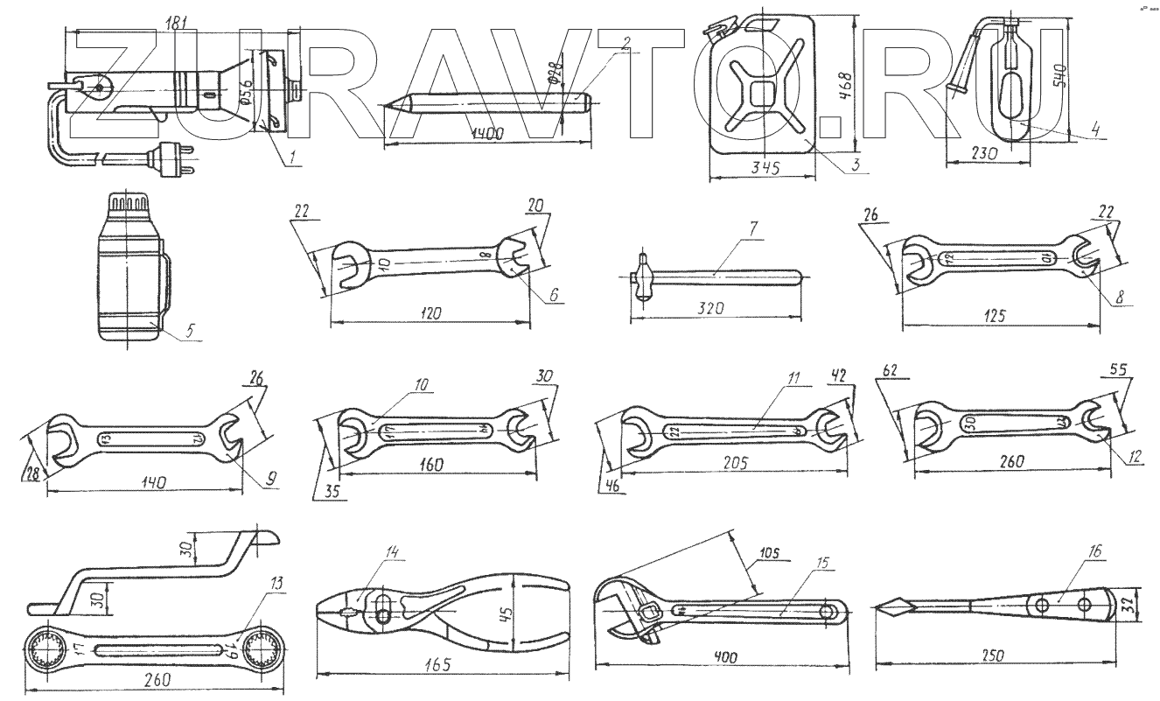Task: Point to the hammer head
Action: point(645,278)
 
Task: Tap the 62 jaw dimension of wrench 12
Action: point(890,370)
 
